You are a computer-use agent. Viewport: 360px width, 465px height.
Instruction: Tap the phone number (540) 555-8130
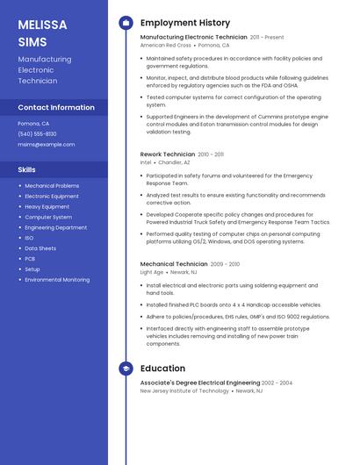pos(37,133)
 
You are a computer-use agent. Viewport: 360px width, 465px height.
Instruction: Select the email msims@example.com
pos(47,144)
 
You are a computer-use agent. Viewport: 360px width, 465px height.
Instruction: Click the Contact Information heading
pos(56,107)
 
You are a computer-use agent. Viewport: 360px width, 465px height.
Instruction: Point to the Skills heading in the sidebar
pos(27,168)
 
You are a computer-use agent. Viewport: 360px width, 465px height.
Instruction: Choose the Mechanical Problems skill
pos(52,186)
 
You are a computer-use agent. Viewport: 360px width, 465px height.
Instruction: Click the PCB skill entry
pos(30,259)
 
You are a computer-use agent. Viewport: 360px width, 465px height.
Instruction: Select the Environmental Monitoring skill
pos(57,280)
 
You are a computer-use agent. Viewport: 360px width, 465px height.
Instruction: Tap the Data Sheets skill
pos(40,248)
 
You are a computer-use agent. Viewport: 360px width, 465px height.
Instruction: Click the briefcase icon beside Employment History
pos(126,23)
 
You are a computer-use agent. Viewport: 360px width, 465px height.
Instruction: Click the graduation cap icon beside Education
pos(126,368)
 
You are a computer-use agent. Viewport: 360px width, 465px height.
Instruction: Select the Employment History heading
pos(185,23)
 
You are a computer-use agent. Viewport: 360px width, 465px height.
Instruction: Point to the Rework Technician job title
pos(168,154)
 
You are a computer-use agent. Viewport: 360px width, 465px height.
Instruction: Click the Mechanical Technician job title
pos(174,263)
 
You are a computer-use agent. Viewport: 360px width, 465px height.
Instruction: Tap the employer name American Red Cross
pos(166,45)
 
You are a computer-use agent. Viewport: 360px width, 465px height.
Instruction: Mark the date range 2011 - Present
pos(267,37)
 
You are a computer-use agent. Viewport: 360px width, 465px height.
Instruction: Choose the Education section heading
pos(162,368)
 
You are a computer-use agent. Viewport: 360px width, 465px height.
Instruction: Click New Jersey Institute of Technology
pos(184,391)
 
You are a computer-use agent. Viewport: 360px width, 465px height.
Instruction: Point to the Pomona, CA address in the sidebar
pos(33,124)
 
